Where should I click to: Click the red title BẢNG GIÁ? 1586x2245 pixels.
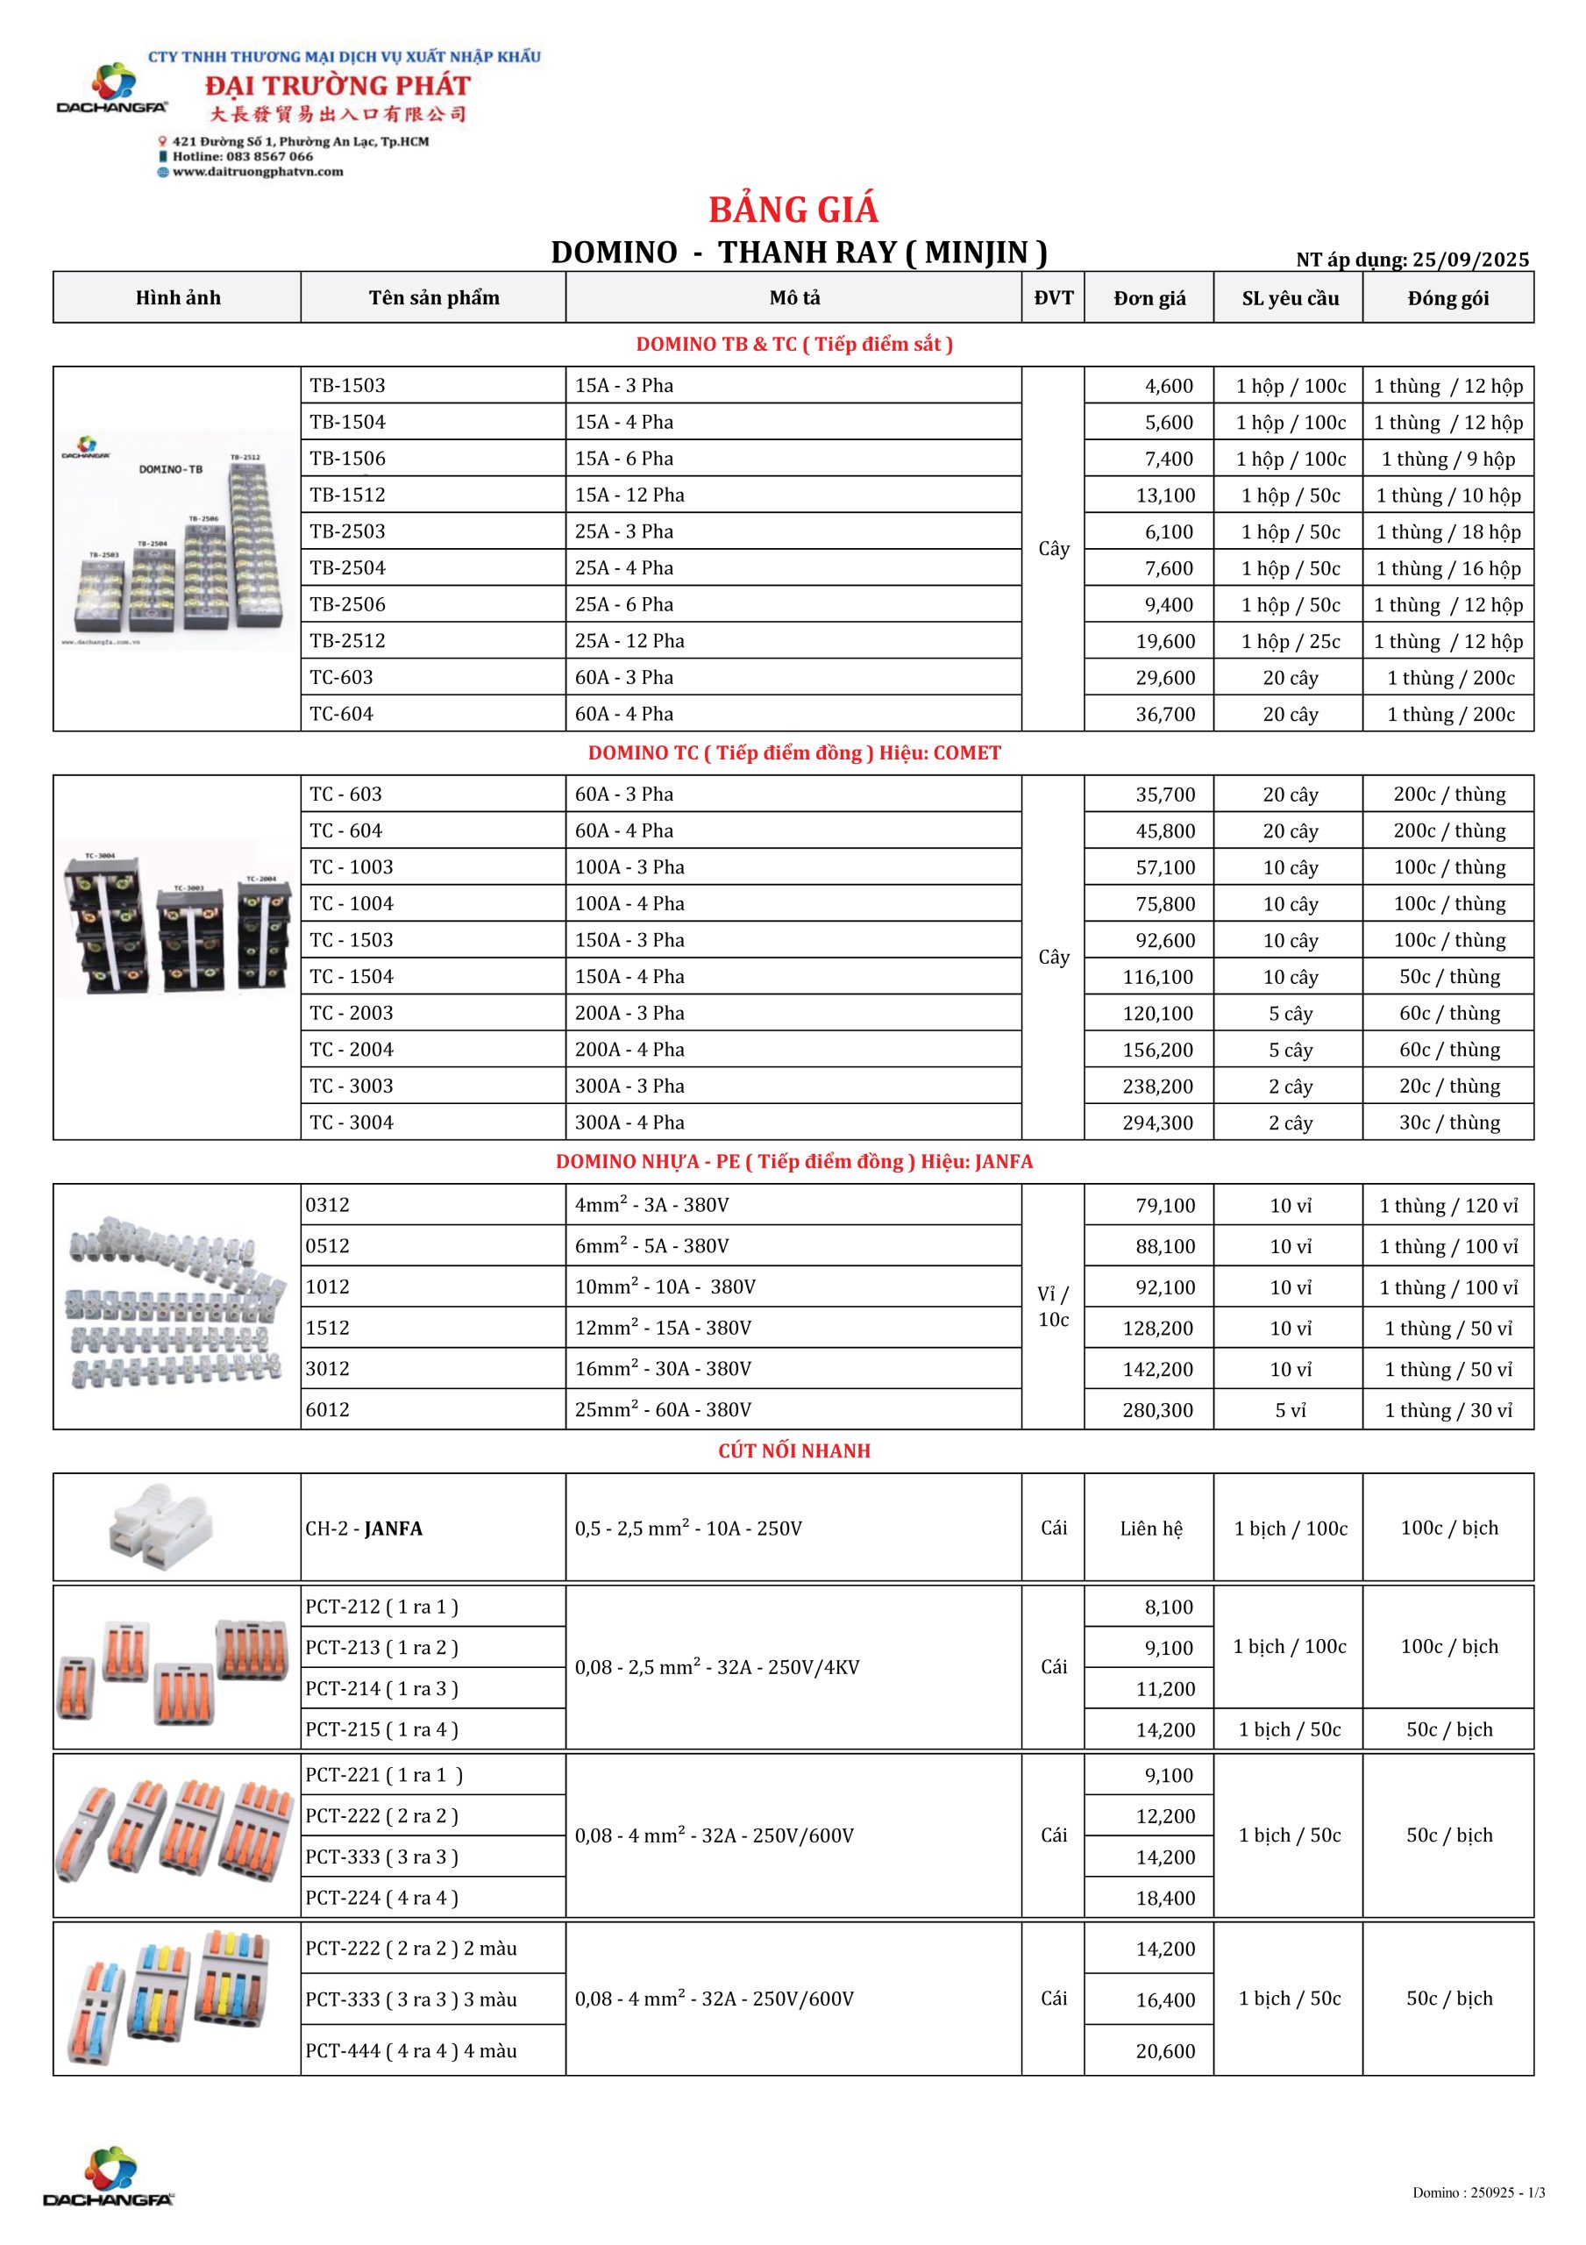[x=793, y=210]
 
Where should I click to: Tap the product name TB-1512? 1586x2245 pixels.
[x=347, y=495]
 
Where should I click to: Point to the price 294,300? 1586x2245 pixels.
[x=1158, y=1122]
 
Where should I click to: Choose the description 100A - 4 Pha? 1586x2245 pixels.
[x=629, y=903]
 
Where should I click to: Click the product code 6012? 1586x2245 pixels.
[x=328, y=1409]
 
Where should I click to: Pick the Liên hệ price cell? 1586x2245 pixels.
[x=1151, y=1529]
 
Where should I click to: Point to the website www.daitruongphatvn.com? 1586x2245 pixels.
[x=258, y=172]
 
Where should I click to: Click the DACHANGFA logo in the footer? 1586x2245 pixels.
[x=109, y=2177]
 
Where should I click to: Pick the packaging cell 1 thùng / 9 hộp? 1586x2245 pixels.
[x=1448, y=459]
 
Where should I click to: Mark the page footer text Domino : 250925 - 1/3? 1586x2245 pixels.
[x=1477, y=2193]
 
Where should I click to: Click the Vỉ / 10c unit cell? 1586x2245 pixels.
[x=1053, y=1307]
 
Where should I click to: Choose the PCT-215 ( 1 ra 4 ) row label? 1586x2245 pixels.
[x=381, y=1728]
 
